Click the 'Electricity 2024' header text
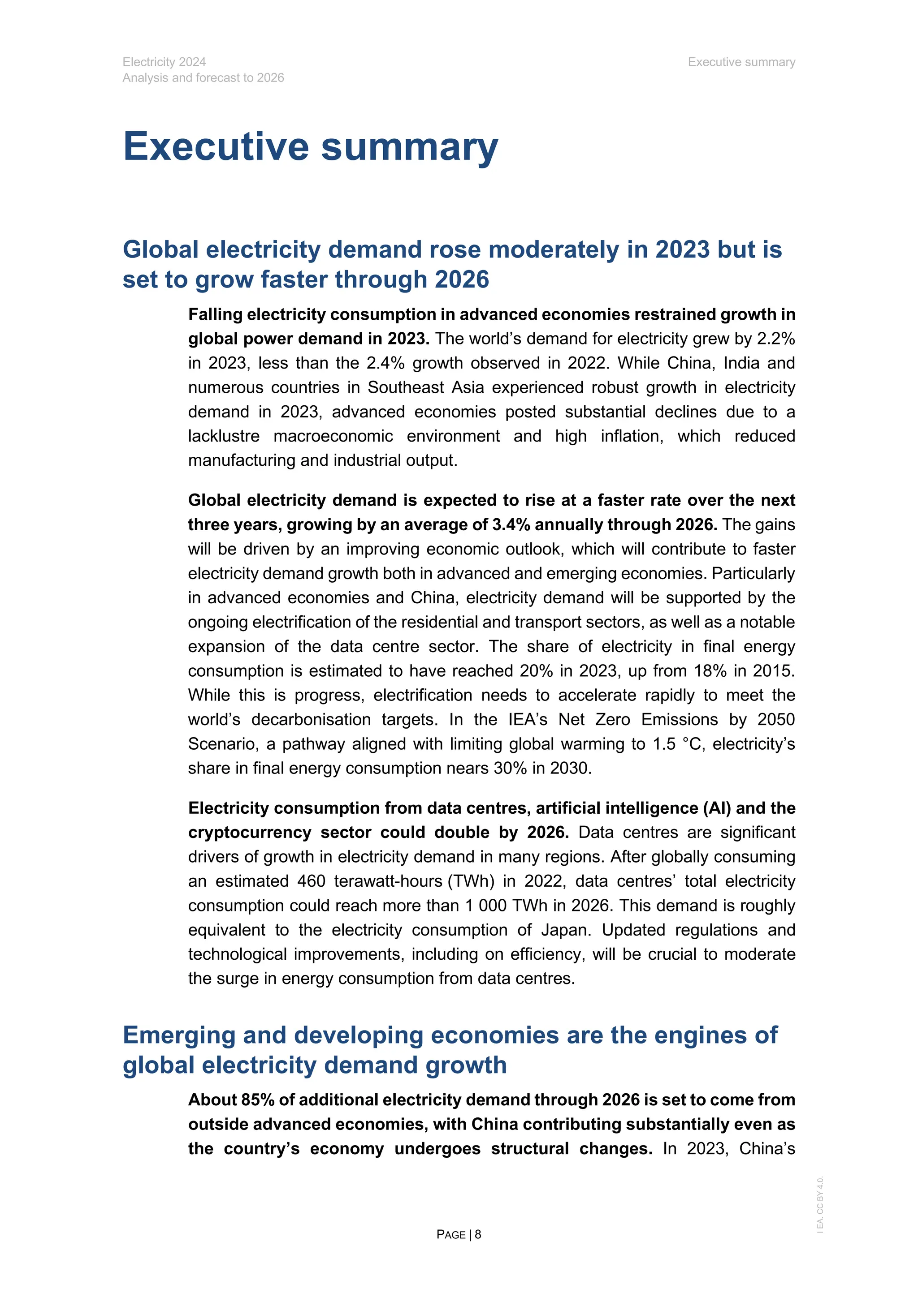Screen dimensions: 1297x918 (x=164, y=62)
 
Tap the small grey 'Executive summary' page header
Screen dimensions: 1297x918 (x=741, y=62)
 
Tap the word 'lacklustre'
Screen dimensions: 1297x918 (x=224, y=436)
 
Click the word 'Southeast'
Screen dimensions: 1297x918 (x=404, y=387)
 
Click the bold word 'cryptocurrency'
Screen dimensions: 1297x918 (x=249, y=833)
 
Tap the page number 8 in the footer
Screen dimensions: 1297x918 (x=478, y=1234)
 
